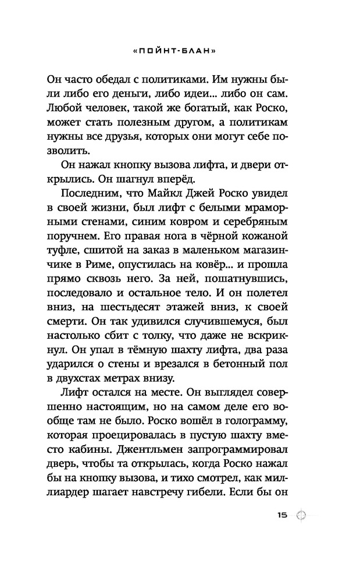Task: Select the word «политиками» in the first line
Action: [165, 77]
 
